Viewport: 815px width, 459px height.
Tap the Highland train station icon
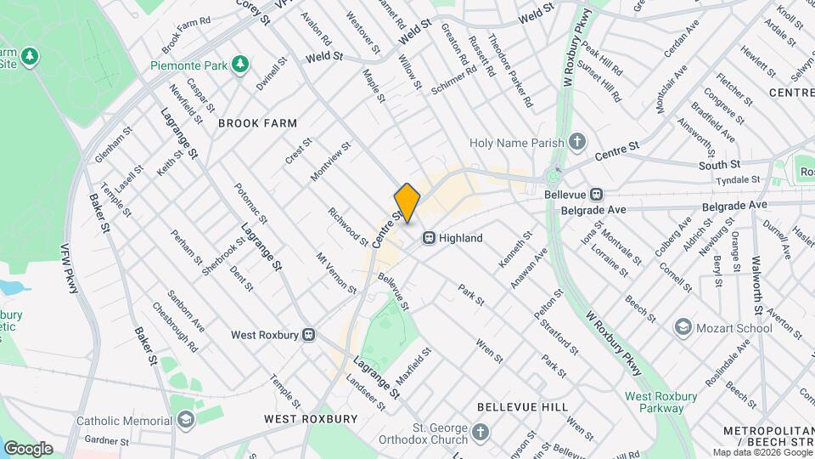tap(430, 238)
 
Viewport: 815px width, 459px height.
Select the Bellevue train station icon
tap(597, 194)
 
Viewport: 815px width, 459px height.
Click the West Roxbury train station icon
tap(309, 335)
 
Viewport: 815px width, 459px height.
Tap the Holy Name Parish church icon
tap(578, 142)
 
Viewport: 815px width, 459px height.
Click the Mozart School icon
tap(683, 326)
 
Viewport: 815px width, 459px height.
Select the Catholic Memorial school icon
tap(185, 420)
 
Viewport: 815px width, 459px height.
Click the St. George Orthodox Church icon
tap(480, 434)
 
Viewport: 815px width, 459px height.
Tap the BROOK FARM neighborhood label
tap(257, 123)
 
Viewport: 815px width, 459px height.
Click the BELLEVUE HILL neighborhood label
tap(522, 407)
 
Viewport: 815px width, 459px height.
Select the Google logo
tap(28, 448)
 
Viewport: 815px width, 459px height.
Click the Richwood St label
tap(349, 227)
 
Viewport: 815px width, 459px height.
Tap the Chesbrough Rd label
tap(176, 328)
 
